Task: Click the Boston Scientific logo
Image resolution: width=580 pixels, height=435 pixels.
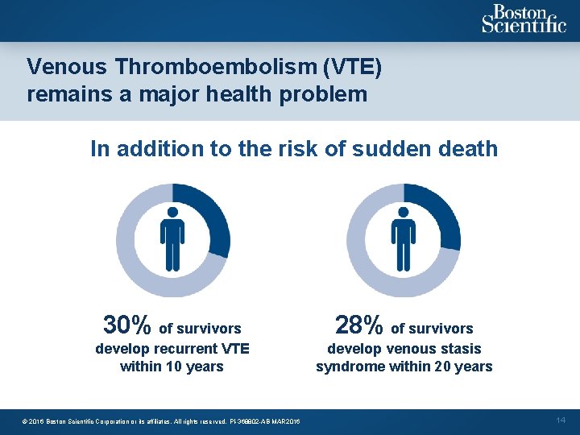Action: point(523,19)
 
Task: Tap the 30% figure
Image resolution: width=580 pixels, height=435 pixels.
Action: point(127,325)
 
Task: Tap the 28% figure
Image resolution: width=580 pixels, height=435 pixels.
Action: point(358,325)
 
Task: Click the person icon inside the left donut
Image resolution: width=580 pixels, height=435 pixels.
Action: point(172,239)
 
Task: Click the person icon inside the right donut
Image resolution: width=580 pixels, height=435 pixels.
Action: point(403,239)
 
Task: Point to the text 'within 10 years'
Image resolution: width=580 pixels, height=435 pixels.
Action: point(172,367)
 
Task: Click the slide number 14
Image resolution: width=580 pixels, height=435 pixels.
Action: point(561,420)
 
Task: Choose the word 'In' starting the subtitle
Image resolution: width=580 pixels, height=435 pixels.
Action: point(99,149)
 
